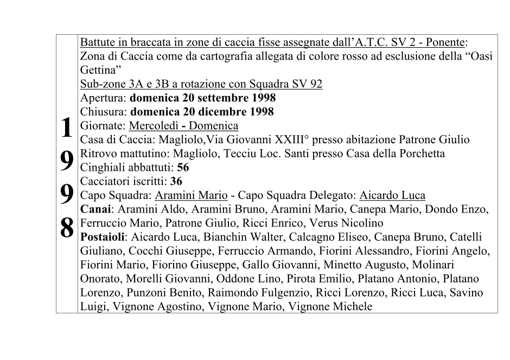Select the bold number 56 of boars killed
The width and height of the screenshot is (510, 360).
pos(183,168)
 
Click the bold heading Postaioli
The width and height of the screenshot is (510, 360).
pos(102,237)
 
